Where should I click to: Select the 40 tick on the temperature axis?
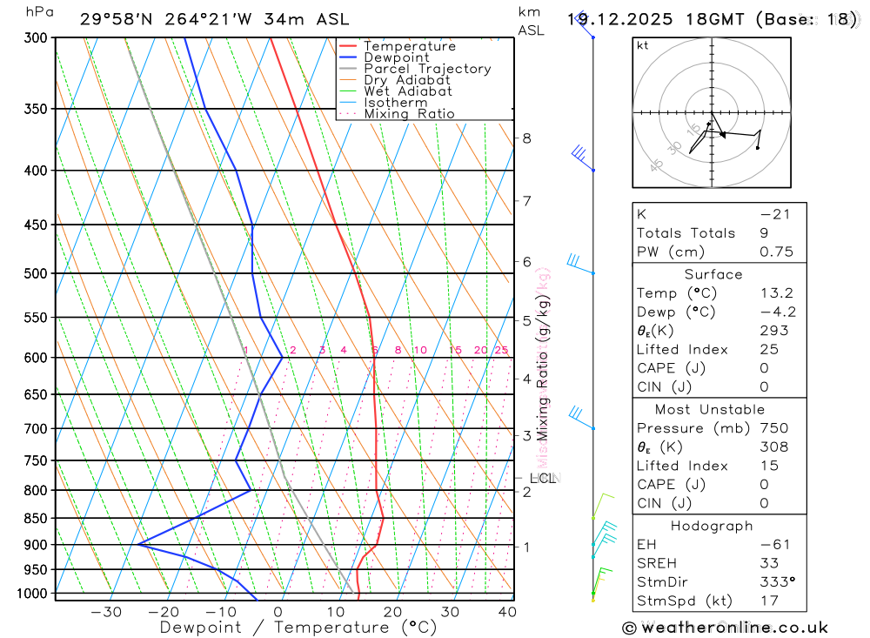(x=506, y=612)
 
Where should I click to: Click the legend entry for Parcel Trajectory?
(x=427, y=69)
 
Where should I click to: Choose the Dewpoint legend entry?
(x=397, y=57)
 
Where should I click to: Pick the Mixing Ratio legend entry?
(x=409, y=114)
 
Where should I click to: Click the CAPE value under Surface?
(x=764, y=368)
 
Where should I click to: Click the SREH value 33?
(x=768, y=563)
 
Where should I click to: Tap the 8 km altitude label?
(x=527, y=138)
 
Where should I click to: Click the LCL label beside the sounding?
(x=542, y=478)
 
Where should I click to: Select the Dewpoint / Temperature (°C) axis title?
(x=298, y=627)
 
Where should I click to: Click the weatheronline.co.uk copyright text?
(x=725, y=628)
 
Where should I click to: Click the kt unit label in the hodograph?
(x=643, y=45)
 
